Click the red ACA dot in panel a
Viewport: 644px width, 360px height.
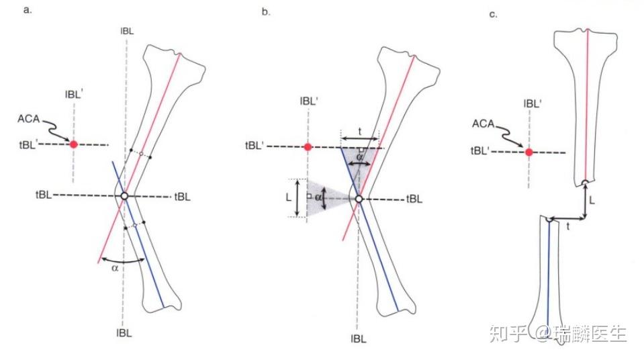pos(74,144)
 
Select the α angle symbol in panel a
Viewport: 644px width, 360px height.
pos(116,267)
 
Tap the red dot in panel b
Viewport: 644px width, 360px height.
pos(308,147)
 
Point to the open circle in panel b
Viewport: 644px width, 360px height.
pos(359,199)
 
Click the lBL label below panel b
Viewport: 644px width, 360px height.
pos(359,339)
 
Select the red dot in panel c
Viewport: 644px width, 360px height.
pos(529,152)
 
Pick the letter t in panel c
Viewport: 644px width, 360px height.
pos(569,227)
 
